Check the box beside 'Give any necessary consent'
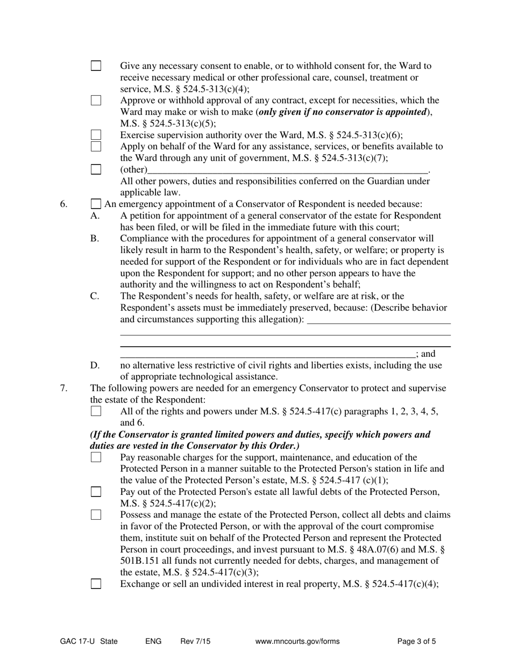coord(96,66)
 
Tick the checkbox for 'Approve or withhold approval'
coord(96,100)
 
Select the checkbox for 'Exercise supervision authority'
coord(96,135)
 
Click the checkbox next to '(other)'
coord(96,169)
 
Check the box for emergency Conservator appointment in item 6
coord(96,204)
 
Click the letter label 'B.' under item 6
coord(95,239)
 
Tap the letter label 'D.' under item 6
coord(95,365)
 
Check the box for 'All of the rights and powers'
coord(96,411)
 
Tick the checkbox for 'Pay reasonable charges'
coord(96,457)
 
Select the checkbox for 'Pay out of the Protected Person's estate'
coord(96,492)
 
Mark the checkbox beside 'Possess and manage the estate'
coord(96,515)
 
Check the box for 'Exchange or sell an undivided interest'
coord(96,584)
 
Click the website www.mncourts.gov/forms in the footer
coord(297,641)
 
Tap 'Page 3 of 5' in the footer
coord(416,641)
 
